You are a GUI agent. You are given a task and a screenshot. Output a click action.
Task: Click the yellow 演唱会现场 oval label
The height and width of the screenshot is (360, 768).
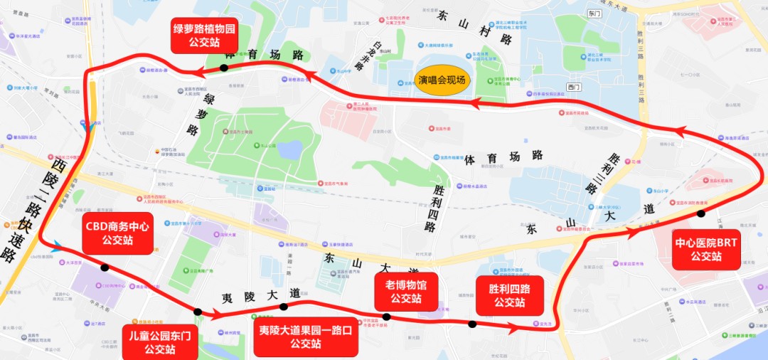click(442, 80)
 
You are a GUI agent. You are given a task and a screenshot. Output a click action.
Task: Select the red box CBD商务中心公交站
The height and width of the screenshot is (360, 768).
click(117, 233)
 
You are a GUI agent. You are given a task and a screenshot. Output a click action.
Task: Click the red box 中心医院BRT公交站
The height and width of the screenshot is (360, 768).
click(707, 250)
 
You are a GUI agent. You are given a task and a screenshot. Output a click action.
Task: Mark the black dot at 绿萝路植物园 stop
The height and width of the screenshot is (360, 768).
click(224, 68)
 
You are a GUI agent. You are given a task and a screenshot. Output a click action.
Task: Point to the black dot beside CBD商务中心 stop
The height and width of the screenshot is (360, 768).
click(105, 268)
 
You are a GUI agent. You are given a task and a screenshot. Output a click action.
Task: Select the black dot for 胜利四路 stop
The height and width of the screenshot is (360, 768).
click(472, 324)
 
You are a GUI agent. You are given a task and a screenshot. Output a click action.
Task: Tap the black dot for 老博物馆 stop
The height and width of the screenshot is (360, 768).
click(386, 317)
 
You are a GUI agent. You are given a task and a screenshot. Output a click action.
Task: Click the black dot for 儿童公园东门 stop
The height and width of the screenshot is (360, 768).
click(198, 312)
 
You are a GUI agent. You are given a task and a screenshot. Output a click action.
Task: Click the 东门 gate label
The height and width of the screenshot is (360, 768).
click(595, 14)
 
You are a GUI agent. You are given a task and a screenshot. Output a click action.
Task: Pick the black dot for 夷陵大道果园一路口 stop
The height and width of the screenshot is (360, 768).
click(283, 307)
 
